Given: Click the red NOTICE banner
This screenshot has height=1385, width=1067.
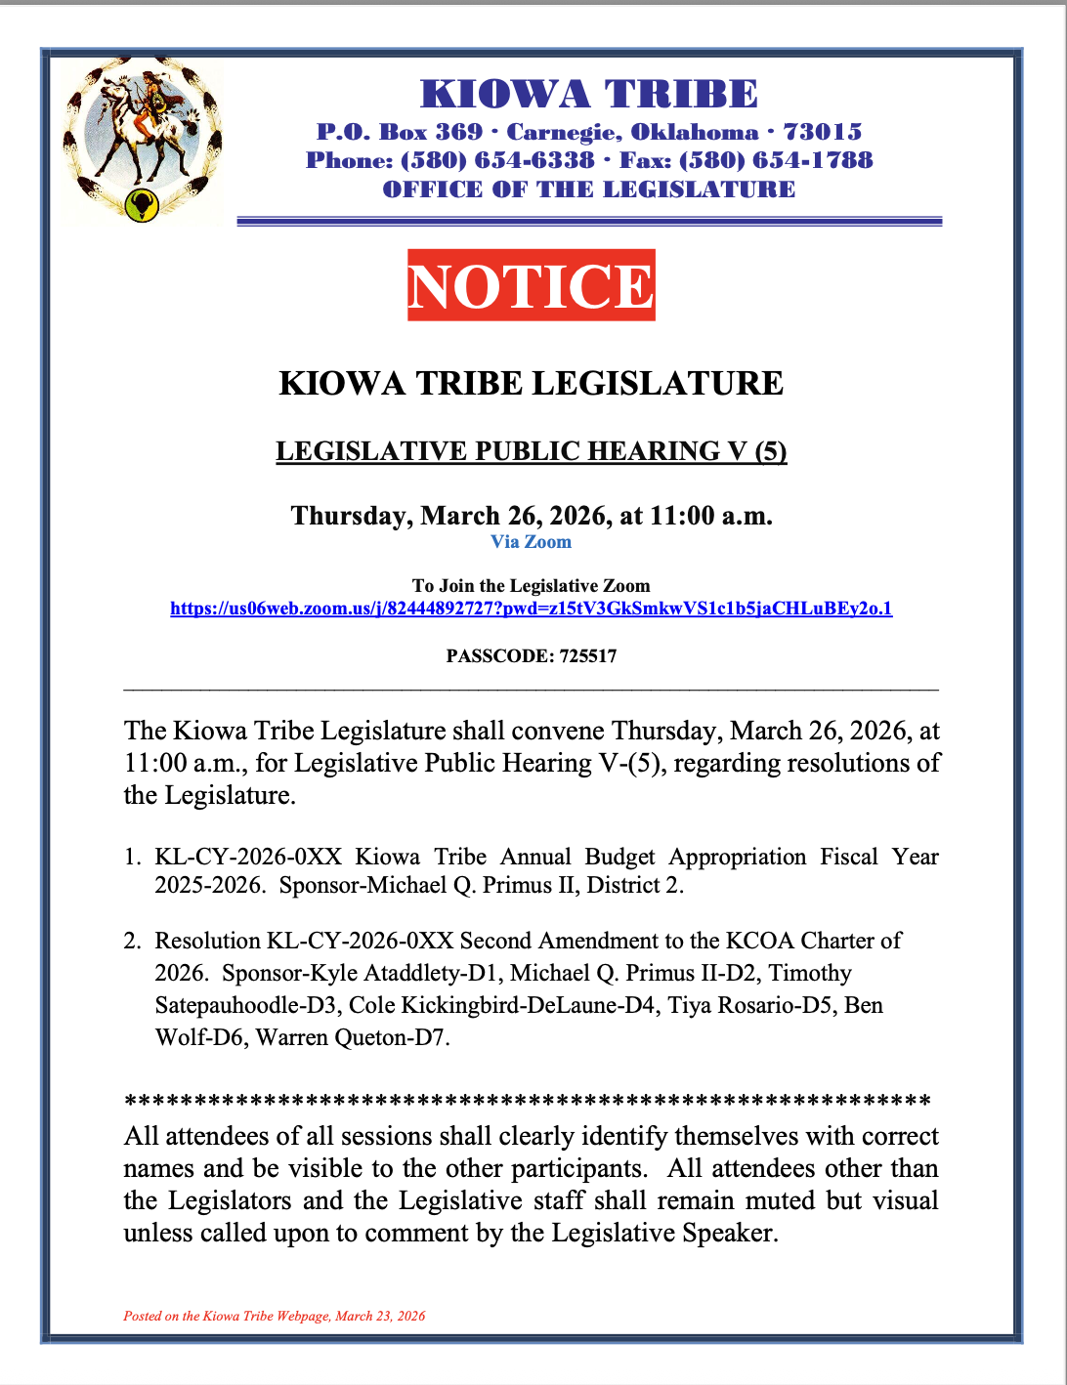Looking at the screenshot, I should pos(531,285).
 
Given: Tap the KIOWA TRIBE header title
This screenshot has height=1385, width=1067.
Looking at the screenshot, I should pos(588,94).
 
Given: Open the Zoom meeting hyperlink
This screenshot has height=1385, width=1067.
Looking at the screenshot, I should pos(531,609).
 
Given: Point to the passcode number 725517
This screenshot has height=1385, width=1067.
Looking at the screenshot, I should pos(588,656).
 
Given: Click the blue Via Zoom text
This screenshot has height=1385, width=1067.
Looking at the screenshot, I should pos(531,542).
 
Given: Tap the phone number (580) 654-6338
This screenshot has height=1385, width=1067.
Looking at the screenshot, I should pos(497,160).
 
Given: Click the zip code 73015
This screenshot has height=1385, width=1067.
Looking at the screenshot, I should pos(823,132).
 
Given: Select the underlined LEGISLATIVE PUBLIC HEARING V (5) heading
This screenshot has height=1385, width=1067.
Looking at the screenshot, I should pos(531,451).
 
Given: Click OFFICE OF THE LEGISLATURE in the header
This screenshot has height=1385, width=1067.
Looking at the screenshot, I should pos(588,189).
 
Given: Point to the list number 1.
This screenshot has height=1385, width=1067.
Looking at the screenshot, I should pos(132,858).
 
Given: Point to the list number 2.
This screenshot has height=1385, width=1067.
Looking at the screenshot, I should pos(132,942).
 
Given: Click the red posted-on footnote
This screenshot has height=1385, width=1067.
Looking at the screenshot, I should pos(275,1317).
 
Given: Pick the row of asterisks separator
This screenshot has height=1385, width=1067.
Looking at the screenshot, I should pos(528,1102).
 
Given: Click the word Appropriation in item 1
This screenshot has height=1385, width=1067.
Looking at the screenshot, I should pos(738,858).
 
